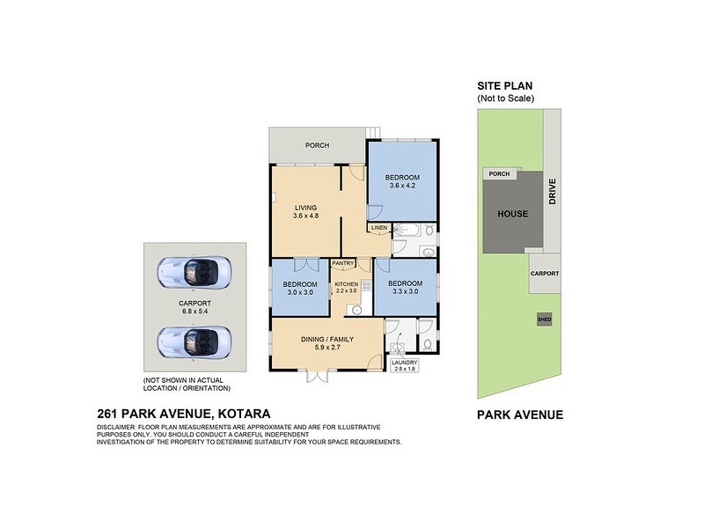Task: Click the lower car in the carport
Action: [x=194, y=339]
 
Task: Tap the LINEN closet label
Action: [x=378, y=228]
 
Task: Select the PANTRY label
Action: [x=343, y=263]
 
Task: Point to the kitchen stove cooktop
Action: [x=364, y=285]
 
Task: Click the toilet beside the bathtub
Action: [x=429, y=231]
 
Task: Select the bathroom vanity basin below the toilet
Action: [x=427, y=252]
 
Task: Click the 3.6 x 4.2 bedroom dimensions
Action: [x=400, y=186]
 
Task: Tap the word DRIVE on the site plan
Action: [x=553, y=192]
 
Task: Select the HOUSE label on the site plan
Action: [x=511, y=214]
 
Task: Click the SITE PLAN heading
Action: [x=504, y=86]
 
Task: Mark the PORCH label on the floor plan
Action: [x=317, y=146]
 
